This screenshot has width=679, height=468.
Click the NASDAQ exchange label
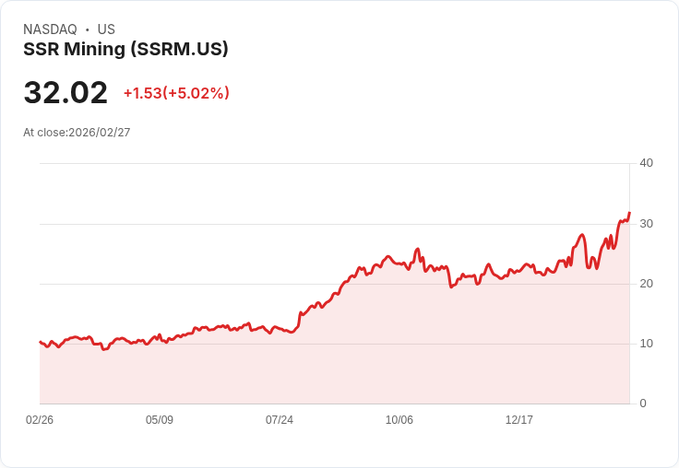click(50, 29)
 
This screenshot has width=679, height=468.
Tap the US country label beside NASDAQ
click(106, 29)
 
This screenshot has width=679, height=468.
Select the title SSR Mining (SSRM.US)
click(125, 50)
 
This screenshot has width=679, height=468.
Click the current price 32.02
click(66, 93)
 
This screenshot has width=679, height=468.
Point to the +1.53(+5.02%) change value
click(176, 93)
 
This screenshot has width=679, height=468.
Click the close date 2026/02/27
click(100, 133)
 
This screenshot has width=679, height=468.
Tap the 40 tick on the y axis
click(646, 163)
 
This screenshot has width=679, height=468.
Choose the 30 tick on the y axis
click(646, 224)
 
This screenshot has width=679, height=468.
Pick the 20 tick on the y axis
click(646, 284)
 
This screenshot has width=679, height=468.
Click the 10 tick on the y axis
click(646, 344)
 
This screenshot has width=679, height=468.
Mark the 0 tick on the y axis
click(643, 404)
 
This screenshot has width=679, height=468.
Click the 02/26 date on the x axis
click(40, 420)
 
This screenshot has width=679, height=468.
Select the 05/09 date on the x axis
click(160, 420)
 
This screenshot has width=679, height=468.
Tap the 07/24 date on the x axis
click(280, 420)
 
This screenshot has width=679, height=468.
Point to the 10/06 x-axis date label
click(399, 420)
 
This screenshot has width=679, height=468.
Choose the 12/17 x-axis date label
click(519, 420)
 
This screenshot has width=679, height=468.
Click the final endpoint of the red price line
click(629, 213)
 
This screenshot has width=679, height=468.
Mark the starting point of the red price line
click(40, 342)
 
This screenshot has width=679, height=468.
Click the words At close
click(44, 133)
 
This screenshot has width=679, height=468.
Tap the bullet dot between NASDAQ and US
click(88, 29)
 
